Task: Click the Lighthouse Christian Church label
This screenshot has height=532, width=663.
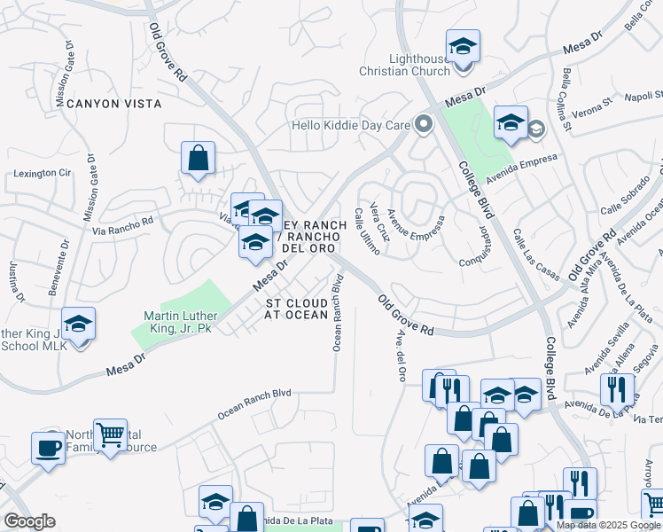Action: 404,64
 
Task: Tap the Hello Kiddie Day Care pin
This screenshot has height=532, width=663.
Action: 424,125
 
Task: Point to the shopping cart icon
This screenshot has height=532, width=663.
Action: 111,435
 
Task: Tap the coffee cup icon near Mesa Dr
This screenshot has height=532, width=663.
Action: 47,447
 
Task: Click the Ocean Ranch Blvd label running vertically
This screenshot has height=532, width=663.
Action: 338,312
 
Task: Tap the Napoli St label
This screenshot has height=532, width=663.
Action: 632,97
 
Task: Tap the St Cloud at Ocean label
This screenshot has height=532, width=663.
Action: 297,309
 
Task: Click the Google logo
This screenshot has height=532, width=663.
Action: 29,521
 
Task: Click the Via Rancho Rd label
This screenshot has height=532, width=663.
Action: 123,225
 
